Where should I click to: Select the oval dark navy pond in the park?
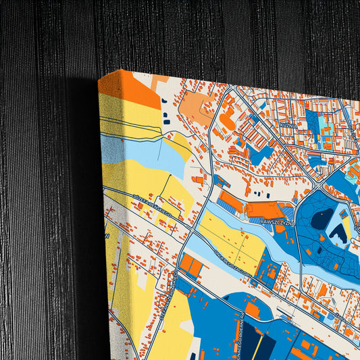322,218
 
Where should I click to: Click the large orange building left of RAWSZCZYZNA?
232,201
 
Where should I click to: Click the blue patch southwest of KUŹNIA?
260,153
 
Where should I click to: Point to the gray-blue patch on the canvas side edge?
112,149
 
